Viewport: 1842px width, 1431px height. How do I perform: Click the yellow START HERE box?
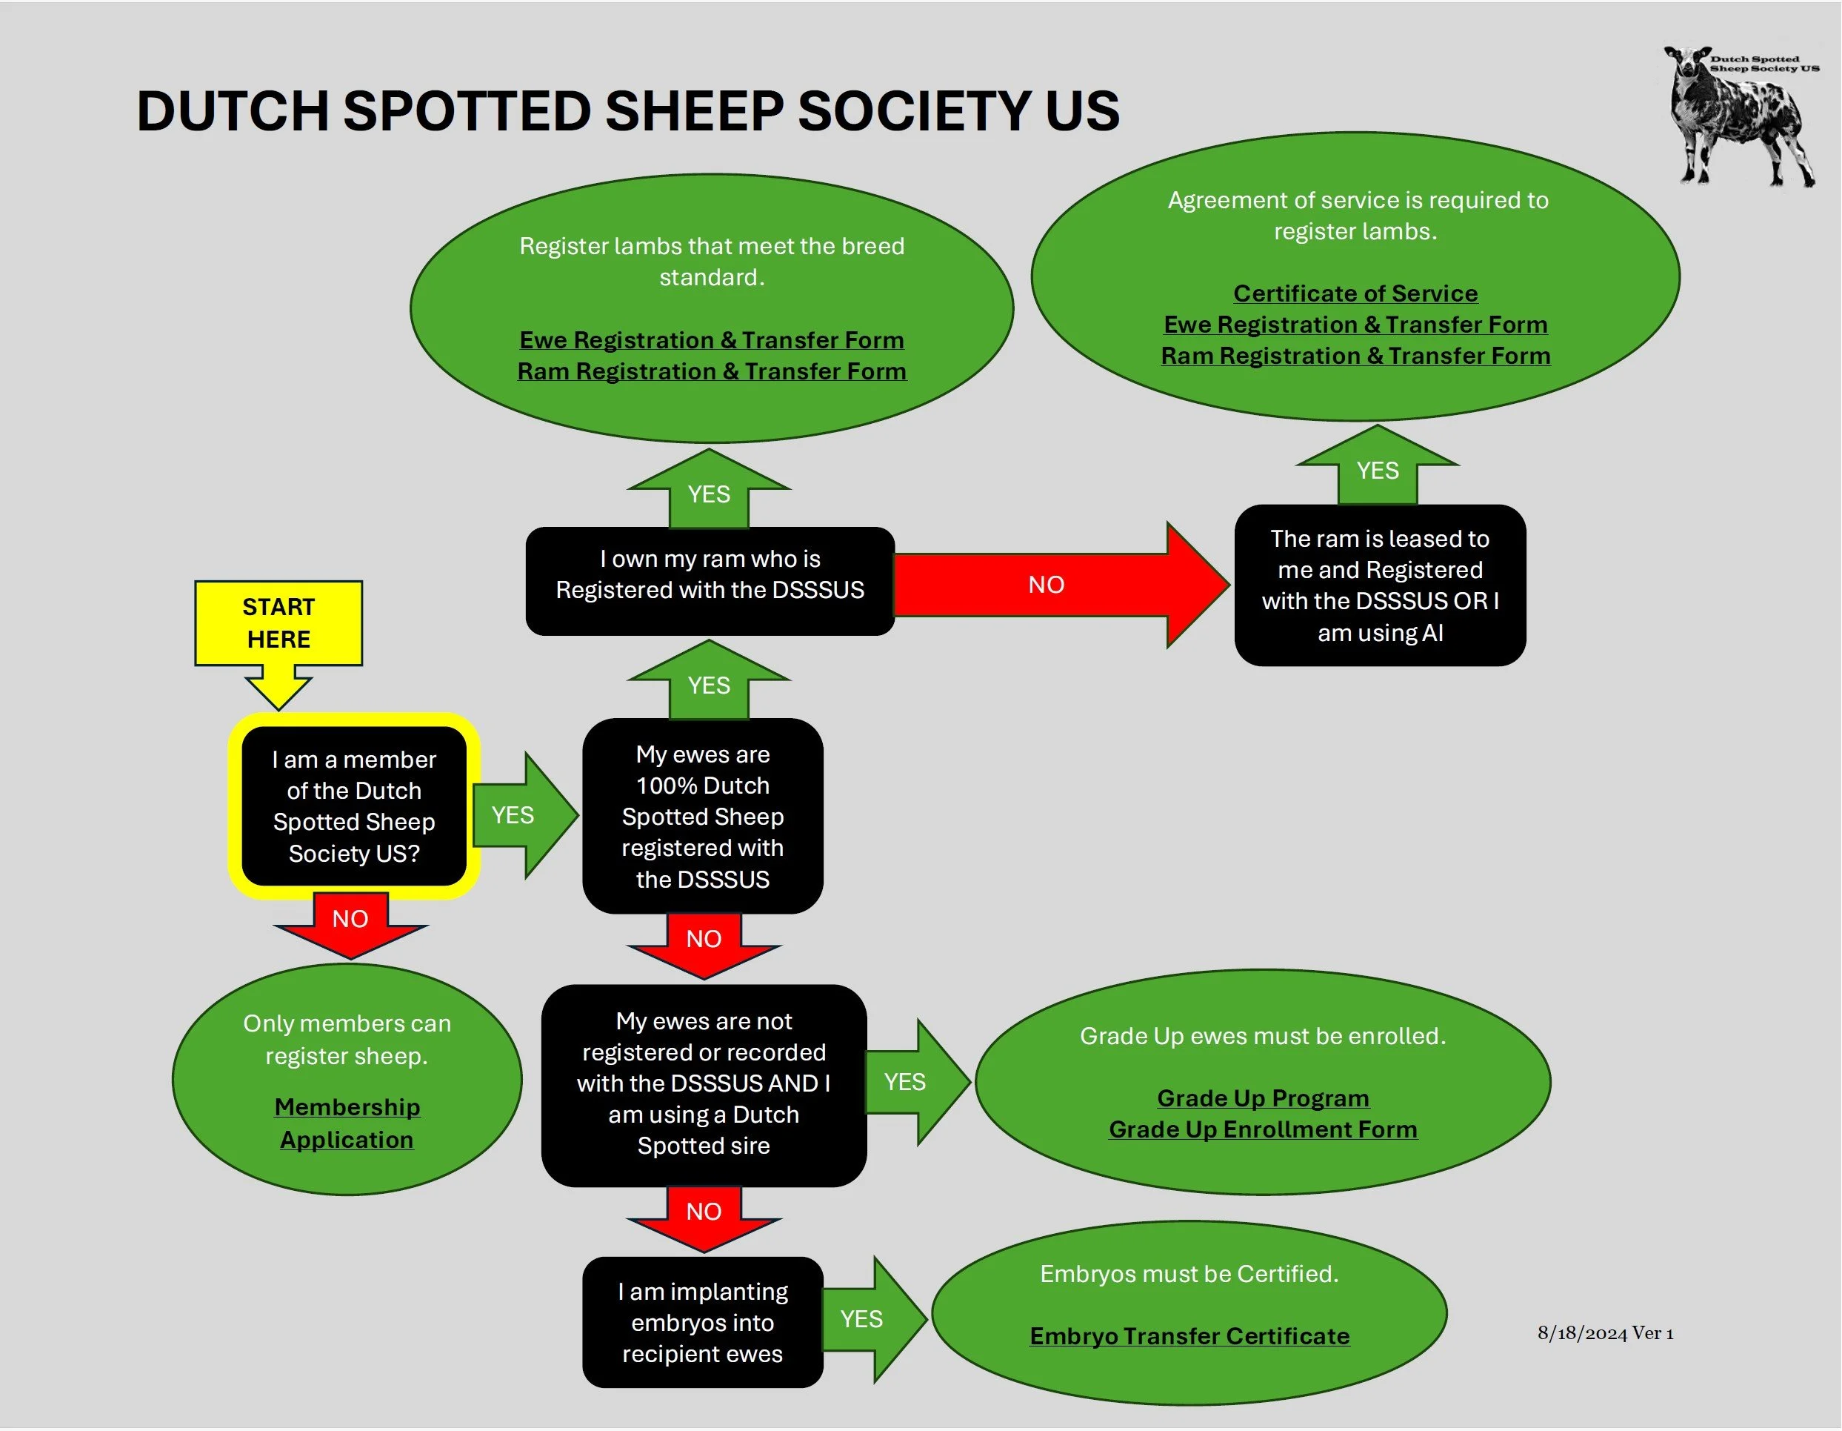[x=278, y=622]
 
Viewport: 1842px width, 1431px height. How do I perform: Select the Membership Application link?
[x=347, y=1122]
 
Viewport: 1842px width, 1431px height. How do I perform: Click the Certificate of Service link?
[x=1355, y=293]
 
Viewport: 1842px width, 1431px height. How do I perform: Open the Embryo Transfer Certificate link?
[x=1189, y=1335]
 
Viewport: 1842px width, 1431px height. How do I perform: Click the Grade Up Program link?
[x=1263, y=1098]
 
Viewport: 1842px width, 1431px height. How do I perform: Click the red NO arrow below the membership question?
[x=350, y=921]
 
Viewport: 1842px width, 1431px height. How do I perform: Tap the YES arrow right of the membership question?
[x=518, y=815]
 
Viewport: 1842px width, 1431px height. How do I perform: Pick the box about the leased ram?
[x=1380, y=585]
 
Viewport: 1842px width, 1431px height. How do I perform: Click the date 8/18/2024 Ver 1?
[x=1605, y=1333]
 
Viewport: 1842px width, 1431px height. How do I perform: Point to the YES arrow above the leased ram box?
[x=1378, y=468]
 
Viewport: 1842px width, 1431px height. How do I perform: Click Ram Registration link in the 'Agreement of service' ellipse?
[x=1355, y=356]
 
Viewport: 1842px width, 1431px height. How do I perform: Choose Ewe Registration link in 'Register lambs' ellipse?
[x=711, y=340]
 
